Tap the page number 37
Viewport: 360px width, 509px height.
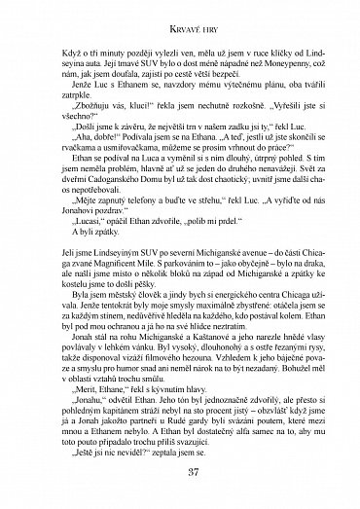[x=181, y=478]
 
